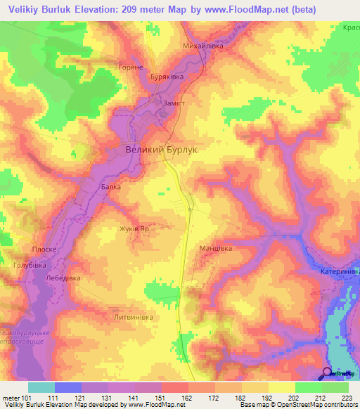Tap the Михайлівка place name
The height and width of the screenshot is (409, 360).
203,46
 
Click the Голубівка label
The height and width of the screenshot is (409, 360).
30,265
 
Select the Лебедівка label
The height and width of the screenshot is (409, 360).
63,278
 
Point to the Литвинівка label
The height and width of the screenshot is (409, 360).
133,317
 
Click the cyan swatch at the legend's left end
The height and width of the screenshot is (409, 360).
41,387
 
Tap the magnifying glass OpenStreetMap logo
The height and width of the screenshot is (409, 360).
327,373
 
